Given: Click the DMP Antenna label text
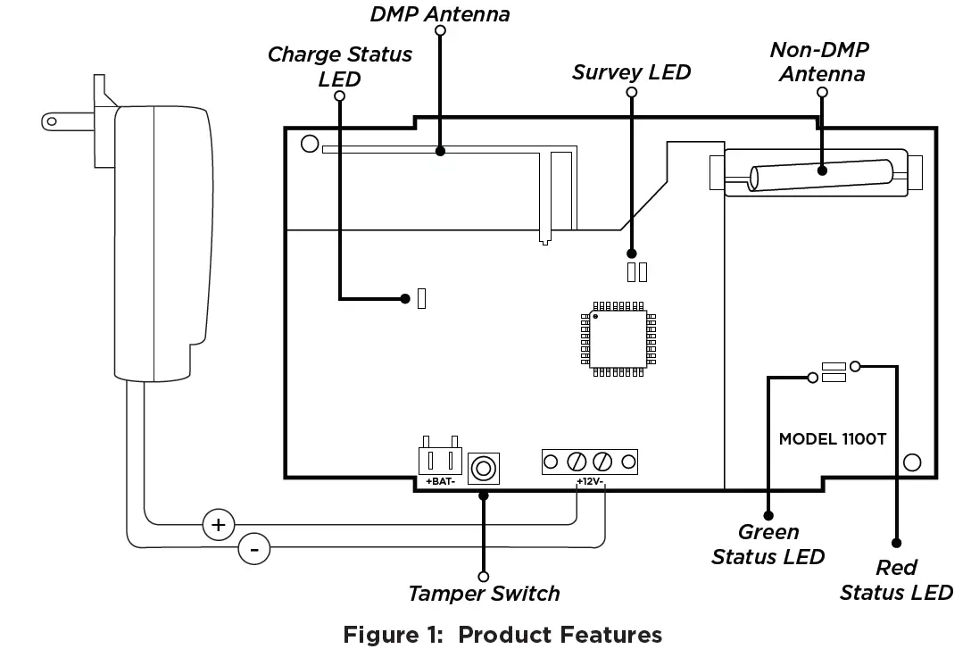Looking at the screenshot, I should point(439,13).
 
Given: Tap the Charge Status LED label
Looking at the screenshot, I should point(340,66).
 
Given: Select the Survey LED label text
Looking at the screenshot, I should point(631,71).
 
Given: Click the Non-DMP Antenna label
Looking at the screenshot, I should point(821,62).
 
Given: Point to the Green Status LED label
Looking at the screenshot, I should point(768,544).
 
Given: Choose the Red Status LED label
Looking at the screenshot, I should point(896,579).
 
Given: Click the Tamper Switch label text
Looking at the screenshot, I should point(484,593).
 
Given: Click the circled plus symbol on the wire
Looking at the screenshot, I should point(218,524).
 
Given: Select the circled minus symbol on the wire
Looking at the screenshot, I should point(253,550).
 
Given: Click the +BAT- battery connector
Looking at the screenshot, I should point(441,461).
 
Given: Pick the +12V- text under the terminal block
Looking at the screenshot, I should point(590,482).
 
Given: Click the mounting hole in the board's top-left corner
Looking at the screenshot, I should point(310,143).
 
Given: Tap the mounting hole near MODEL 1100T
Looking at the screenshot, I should point(911,462).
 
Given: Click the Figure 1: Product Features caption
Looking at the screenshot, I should point(502,634).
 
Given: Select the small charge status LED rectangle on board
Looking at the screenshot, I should point(422,298).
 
